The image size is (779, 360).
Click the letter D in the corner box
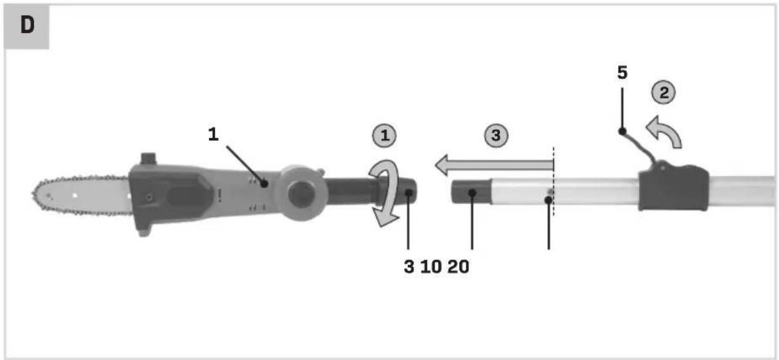click(27, 25)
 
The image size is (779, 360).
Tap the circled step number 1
click(384, 135)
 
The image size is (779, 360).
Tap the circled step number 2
click(664, 93)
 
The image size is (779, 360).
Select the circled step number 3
click(496, 135)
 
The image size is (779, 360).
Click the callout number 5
click(622, 73)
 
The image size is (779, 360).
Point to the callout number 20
click(458, 267)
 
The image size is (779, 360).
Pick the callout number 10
click(431, 267)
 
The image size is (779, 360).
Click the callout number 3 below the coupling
click(409, 267)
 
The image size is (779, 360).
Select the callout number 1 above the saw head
click(213, 134)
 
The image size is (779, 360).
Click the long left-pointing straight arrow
click(494, 165)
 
